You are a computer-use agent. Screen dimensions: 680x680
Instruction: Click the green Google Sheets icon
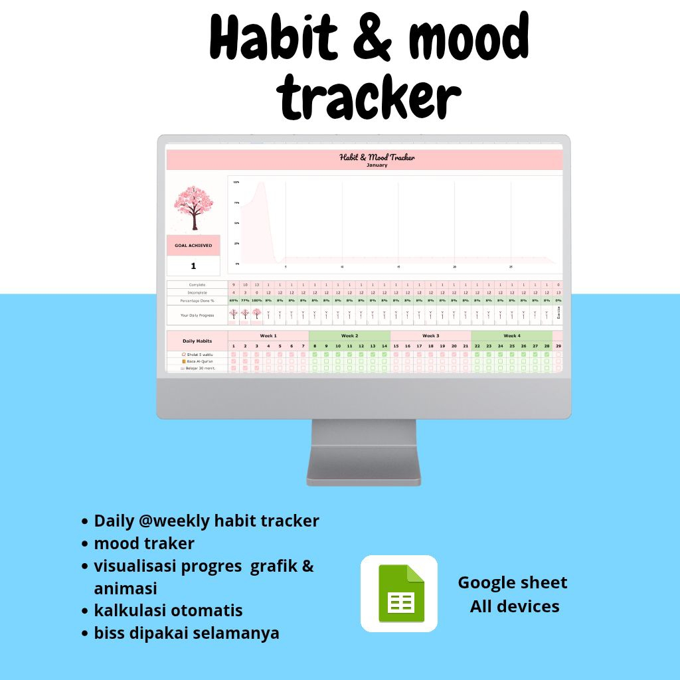pyautogui.click(x=400, y=593)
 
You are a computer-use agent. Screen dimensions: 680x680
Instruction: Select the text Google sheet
pyautogui.click(x=512, y=582)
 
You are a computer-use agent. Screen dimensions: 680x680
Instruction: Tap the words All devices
pyautogui.click(x=515, y=606)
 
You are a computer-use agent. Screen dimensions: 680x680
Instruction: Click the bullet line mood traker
pyautogui.click(x=144, y=543)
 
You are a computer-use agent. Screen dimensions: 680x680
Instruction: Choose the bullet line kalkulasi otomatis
pyautogui.click(x=168, y=610)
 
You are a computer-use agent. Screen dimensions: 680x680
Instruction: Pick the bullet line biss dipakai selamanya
pyautogui.click(x=187, y=633)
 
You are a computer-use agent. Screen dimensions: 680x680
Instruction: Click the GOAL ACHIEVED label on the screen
pyautogui.click(x=193, y=246)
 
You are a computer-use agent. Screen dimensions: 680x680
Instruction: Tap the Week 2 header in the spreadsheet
pyautogui.click(x=349, y=336)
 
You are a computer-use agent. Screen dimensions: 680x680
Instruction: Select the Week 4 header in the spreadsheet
pyautogui.click(x=511, y=336)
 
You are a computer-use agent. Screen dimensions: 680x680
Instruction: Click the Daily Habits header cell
pyautogui.click(x=197, y=341)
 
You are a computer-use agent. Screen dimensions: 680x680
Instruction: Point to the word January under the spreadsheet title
pyautogui.click(x=377, y=165)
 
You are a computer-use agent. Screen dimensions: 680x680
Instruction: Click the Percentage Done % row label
pyautogui.click(x=197, y=300)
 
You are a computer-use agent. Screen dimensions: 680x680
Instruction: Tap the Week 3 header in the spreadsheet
pyautogui.click(x=430, y=336)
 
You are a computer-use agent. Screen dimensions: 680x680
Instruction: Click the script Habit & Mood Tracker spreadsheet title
pyautogui.click(x=377, y=157)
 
